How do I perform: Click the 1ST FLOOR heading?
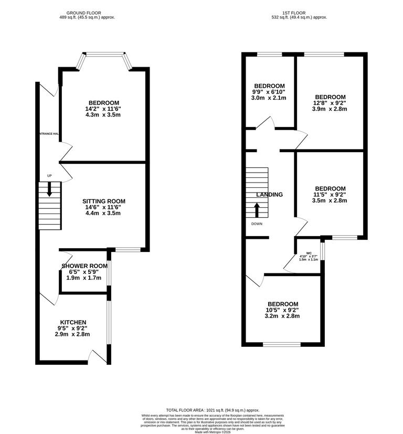pyautogui.click(x=299, y=13)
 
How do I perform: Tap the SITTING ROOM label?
pyautogui.click(x=103, y=201)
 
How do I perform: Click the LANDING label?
pyautogui.click(x=269, y=195)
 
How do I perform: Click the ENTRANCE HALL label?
pyautogui.click(x=49, y=134)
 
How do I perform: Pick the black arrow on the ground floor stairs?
pyautogui.click(x=49, y=189)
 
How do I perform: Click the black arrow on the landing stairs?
pyautogui.click(x=257, y=209)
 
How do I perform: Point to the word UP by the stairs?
pyautogui.click(x=49, y=176)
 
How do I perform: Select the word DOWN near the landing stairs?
pyautogui.click(x=257, y=224)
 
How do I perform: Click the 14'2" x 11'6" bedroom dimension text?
pyautogui.click(x=103, y=109)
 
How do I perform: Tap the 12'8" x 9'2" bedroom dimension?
pyautogui.click(x=330, y=103)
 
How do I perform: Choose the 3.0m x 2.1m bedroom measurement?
pyautogui.click(x=269, y=98)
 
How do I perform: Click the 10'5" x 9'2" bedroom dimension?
pyautogui.click(x=283, y=310)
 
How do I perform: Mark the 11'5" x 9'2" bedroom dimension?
pyautogui.click(x=330, y=195)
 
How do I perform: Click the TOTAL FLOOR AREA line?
pyautogui.click(x=213, y=410)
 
